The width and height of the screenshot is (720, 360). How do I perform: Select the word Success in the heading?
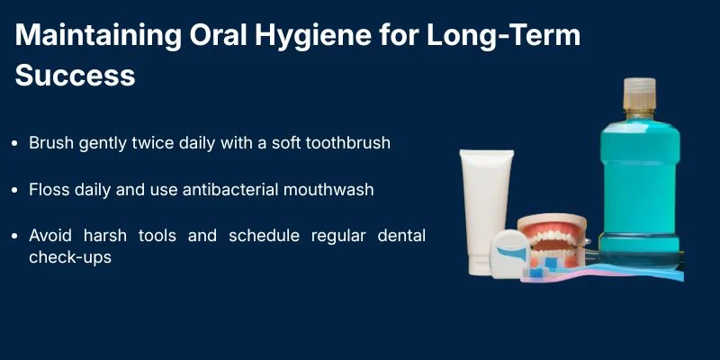tap(75, 74)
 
